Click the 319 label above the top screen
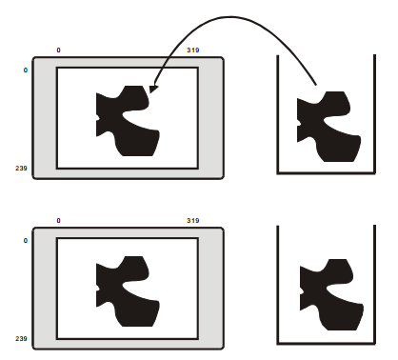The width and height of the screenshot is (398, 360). coord(193,50)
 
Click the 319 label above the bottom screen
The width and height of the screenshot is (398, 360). coord(193,221)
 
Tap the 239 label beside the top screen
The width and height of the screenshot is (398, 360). coord(21,168)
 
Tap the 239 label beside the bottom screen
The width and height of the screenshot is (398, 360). coord(21,339)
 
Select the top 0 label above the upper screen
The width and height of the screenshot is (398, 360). coord(58,50)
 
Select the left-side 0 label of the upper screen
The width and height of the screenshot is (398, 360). coord(26,70)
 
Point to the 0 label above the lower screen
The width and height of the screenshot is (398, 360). coord(58,221)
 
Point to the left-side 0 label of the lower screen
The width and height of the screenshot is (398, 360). coord(26,241)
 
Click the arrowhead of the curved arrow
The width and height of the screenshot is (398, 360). coord(152,89)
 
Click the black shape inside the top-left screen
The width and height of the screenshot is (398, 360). coord(127,121)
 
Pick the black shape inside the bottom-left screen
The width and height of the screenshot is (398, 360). coord(127,291)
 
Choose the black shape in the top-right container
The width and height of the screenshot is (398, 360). coord(328,127)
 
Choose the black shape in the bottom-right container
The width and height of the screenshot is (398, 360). coord(331,295)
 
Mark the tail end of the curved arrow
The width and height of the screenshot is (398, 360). coord(316,85)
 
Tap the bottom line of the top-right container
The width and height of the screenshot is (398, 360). coord(327,173)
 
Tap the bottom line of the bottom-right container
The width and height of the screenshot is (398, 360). coord(327,344)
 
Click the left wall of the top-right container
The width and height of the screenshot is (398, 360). coord(278,114)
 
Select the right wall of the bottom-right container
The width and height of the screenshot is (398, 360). coord(375,285)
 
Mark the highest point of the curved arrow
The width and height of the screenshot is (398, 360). coord(230,17)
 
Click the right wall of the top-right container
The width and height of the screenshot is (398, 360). coord(375,114)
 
